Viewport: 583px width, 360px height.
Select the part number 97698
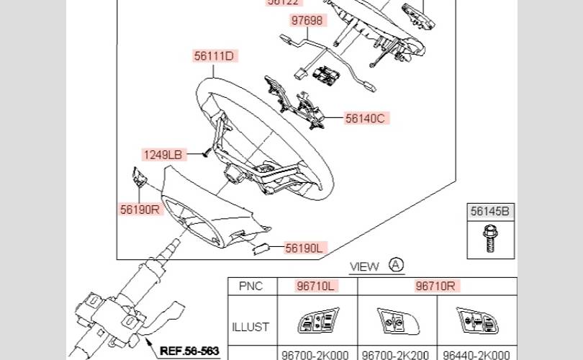point(307,21)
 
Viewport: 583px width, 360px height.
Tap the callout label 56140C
point(366,118)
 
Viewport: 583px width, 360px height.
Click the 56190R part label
point(139,210)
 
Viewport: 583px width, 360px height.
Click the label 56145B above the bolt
point(490,212)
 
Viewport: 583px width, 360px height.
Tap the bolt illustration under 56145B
point(490,238)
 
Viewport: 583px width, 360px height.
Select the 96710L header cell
point(317,286)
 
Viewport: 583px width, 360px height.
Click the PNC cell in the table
point(250,286)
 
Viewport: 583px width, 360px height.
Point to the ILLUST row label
point(250,326)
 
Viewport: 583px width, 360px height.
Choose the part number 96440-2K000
point(476,354)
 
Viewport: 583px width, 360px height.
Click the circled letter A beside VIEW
point(397,265)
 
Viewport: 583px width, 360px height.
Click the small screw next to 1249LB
point(205,152)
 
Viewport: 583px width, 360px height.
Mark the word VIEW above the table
point(364,266)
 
